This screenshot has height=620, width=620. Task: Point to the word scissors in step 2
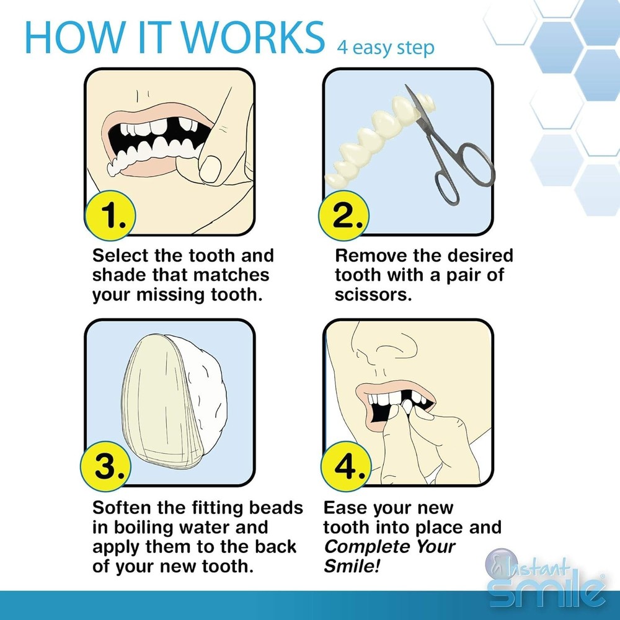[373, 294]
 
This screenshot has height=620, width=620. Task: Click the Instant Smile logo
[546, 580]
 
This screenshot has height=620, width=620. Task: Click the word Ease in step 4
[345, 508]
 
